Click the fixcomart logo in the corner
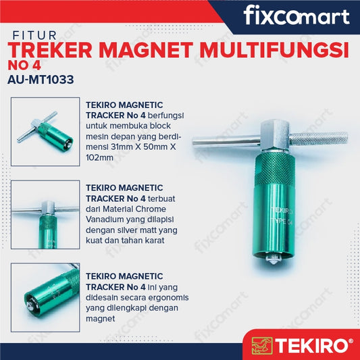(x=297, y=15)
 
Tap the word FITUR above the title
(x=34, y=36)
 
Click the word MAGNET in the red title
(x=146, y=50)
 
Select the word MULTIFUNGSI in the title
(x=274, y=50)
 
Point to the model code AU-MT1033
(x=41, y=80)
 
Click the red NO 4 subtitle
(x=24, y=66)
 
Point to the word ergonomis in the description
(x=169, y=298)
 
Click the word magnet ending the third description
(x=101, y=319)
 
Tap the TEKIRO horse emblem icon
(x=262, y=346)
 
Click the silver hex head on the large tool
(x=275, y=134)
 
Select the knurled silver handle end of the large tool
(x=318, y=138)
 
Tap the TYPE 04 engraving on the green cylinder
(x=281, y=222)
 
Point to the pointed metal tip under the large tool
(x=273, y=259)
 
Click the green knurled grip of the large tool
(x=275, y=169)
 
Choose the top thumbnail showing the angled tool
(x=45, y=132)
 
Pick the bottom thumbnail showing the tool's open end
(x=45, y=298)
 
